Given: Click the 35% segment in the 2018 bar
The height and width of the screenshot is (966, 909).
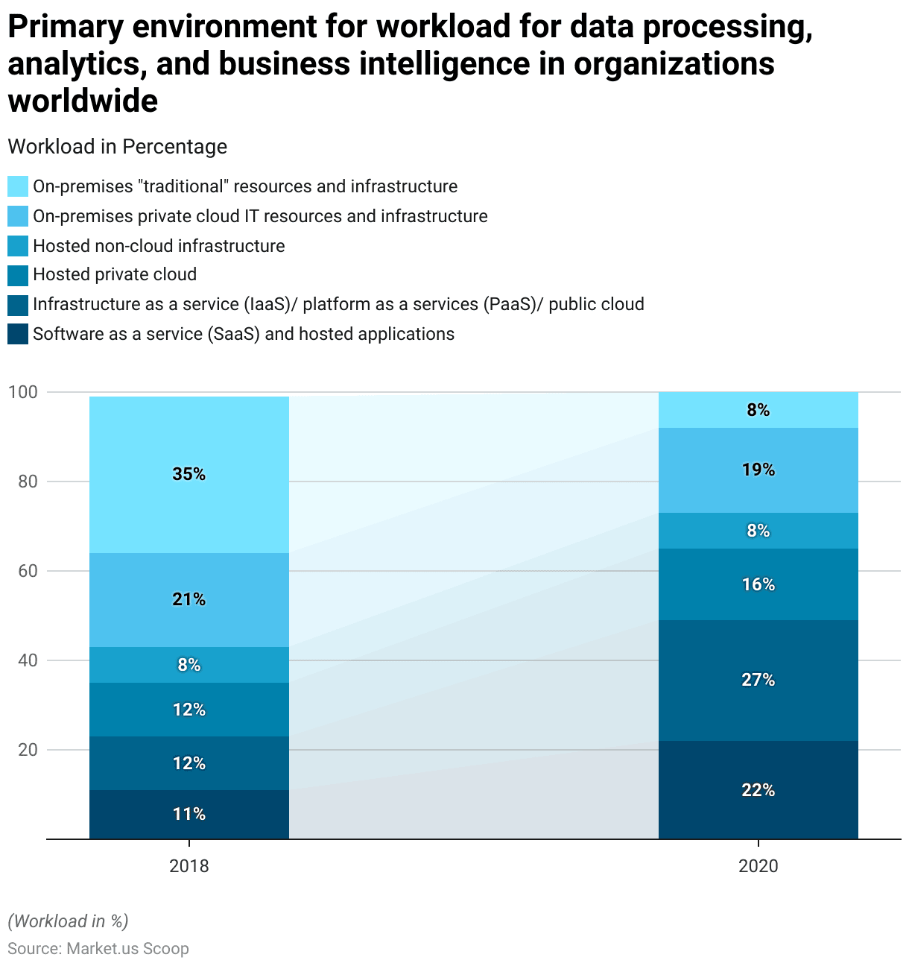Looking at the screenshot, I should coord(189,475).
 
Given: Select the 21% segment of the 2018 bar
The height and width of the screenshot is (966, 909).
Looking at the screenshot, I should coord(189,600).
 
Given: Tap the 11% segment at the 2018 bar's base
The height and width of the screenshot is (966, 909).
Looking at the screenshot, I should coord(189,814).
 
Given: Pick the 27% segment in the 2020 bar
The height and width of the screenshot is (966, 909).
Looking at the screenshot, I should coord(758,680).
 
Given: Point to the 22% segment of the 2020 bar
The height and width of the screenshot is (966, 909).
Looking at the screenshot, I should coord(758,790).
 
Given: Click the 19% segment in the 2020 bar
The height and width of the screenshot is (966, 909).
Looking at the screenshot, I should coord(758,470).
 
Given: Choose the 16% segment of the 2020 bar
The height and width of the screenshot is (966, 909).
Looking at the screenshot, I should coord(758,584).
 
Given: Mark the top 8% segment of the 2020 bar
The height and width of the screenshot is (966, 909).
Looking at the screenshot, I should coord(758,410).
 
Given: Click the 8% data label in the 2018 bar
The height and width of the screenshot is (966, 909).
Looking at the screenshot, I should coord(189,665).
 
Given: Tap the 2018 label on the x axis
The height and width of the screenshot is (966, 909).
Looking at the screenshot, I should coord(189,866).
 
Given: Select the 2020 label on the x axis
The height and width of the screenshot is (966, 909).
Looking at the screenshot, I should coord(758,866).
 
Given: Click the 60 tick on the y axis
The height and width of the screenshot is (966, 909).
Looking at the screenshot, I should coord(28,571).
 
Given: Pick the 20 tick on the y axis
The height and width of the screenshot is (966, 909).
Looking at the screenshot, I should coord(28,750).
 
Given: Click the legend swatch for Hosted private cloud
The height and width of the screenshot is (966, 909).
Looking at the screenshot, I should coord(18,275).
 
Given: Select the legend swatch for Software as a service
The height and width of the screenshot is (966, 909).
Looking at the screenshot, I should coord(18,334).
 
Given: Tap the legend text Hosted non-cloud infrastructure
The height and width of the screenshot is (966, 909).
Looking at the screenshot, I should coord(159,246).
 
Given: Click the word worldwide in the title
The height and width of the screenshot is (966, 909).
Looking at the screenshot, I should coord(83,101).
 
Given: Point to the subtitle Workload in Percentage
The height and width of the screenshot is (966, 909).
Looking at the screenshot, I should coord(117,147).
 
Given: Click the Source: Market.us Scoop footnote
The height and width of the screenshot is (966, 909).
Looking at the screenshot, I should coord(98,949).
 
